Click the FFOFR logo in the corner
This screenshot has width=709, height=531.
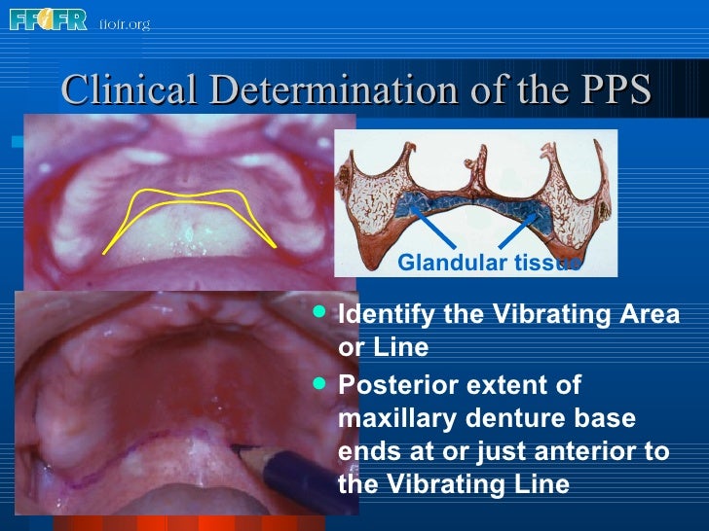pos(46,18)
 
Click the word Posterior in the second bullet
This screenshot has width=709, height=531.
pos(387,385)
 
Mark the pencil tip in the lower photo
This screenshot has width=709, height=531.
pos(236,449)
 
